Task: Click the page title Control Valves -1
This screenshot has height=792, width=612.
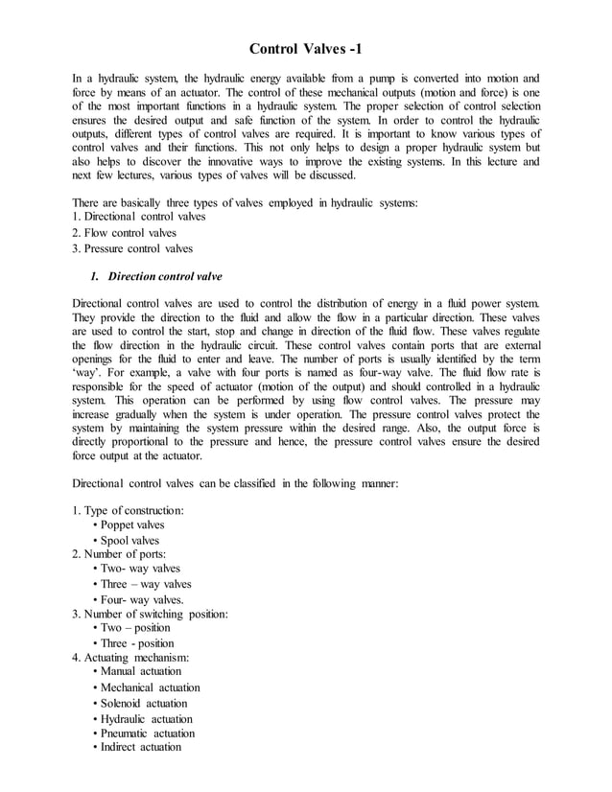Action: coord(306,49)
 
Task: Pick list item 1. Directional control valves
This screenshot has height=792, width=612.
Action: coord(143,218)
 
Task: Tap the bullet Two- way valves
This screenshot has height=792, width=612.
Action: coord(140,569)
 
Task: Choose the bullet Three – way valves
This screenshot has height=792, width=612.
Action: coord(146,584)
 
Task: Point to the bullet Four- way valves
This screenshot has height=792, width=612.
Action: coord(142,599)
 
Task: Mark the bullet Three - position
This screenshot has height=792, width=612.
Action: coord(137,643)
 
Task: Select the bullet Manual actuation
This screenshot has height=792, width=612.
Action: coord(141,671)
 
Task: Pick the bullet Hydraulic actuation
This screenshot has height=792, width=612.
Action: coord(146,718)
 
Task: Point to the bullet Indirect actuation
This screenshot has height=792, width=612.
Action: coord(141,747)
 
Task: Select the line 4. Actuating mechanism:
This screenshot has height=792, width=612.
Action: coord(130,658)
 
